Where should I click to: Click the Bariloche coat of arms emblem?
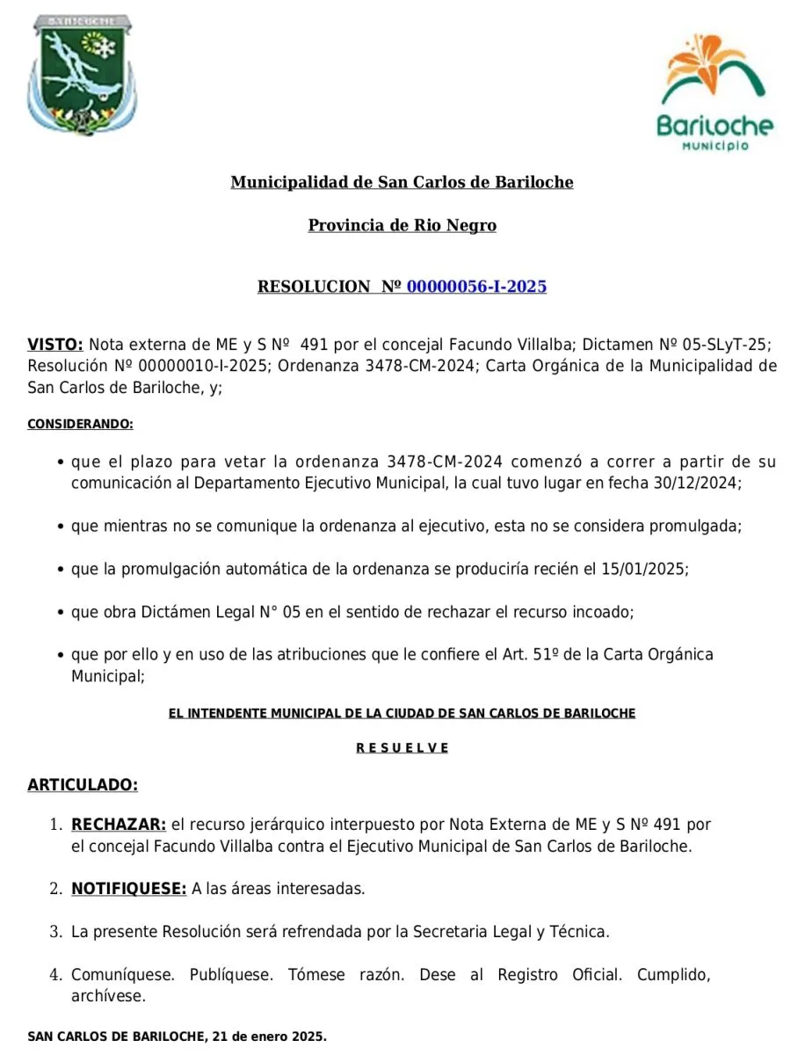(x=82, y=74)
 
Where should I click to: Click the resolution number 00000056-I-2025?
(x=476, y=287)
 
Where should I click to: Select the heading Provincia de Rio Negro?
(x=402, y=225)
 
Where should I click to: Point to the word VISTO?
(x=54, y=344)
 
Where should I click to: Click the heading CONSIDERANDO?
(x=80, y=424)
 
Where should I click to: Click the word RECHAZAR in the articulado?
(x=118, y=825)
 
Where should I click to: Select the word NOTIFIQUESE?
(x=128, y=889)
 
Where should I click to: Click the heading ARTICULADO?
(x=83, y=784)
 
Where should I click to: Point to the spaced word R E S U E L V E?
(x=402, y=748)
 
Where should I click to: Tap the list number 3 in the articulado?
(x=55, y=932)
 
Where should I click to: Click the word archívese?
(x=108, y=996)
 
